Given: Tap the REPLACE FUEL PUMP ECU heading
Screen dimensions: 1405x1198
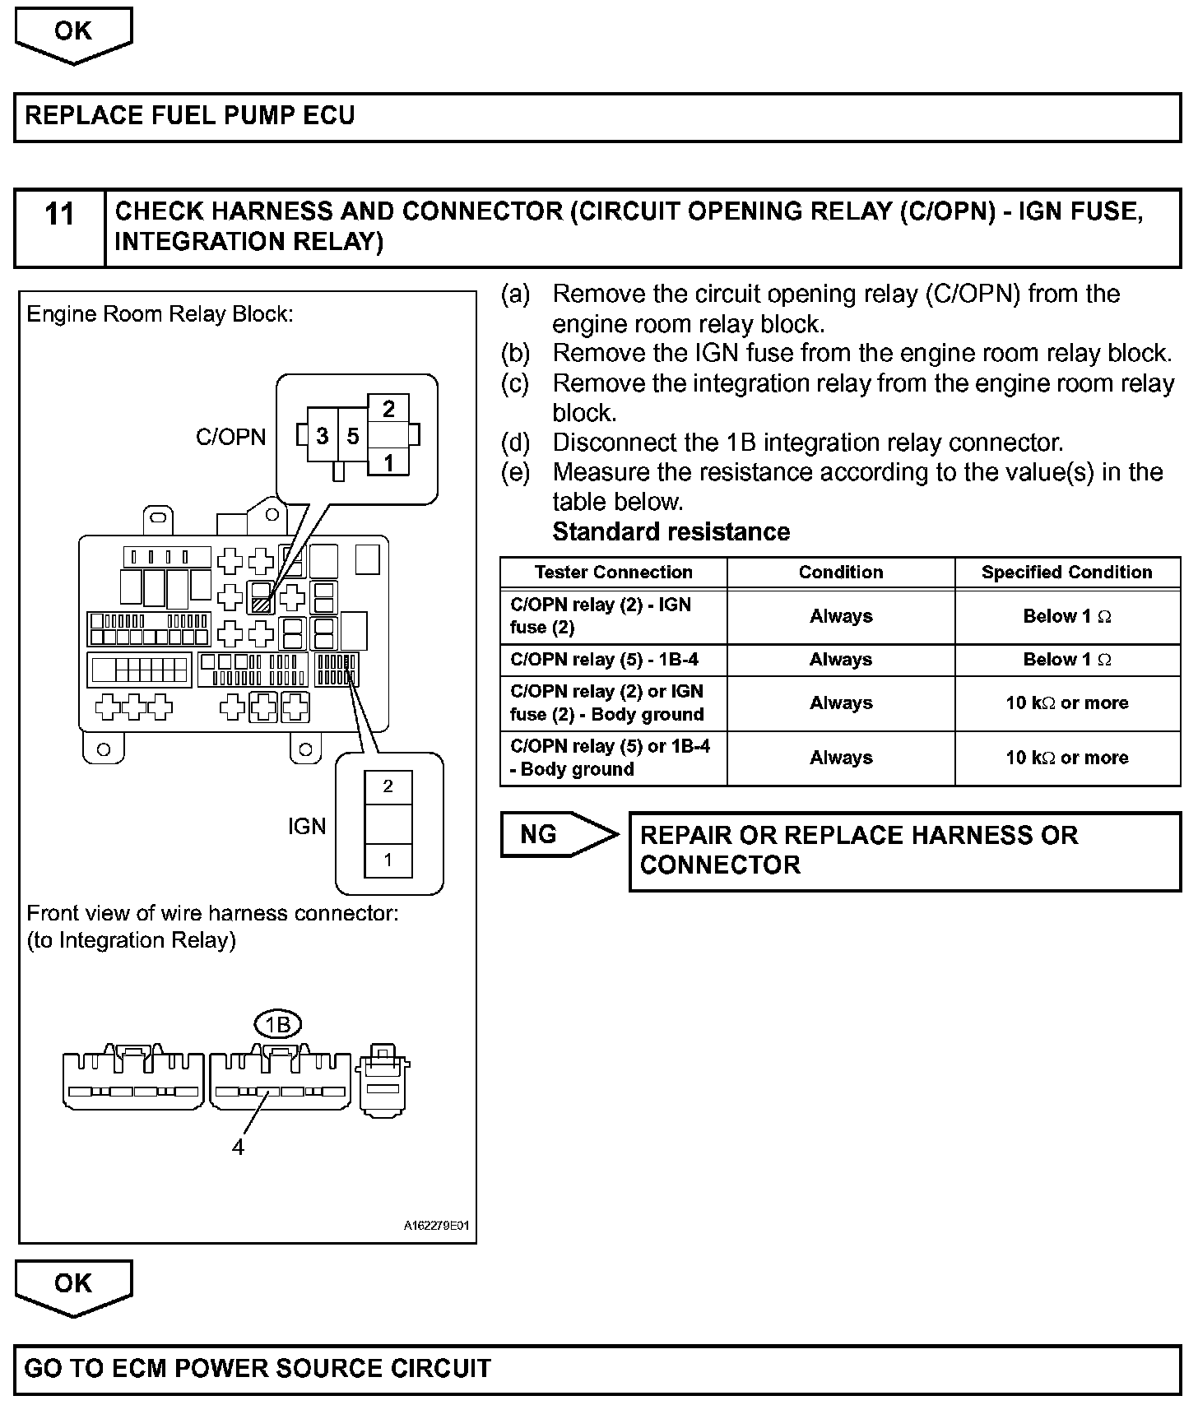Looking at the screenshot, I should [x=190, y=115].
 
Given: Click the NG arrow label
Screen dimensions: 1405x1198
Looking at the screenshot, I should [x=540, y=834].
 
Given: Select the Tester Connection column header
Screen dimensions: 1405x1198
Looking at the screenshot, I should [x=613, y=573].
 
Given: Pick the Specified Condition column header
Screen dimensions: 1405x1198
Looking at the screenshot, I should [x=1066, y=573].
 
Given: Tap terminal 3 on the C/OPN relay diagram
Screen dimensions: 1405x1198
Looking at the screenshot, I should [x=323, y=436].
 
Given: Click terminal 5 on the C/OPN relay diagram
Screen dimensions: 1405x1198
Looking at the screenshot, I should [x=353, y=436].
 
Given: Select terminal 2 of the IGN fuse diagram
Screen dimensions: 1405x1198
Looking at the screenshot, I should [x=388, y=786].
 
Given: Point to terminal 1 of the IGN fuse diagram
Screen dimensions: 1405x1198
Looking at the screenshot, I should [x=388, y=860].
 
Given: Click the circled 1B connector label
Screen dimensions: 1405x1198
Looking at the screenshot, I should [x=278, y=1025].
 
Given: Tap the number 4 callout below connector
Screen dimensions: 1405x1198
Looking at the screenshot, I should [x=238, y=1147].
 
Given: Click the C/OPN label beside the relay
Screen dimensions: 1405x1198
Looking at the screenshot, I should [x=231, y=437].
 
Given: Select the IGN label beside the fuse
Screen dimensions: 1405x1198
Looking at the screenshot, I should [x=307, y=826].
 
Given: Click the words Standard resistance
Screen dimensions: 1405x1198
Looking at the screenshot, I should [x=671, y=532].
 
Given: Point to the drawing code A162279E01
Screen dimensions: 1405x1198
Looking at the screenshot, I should [x=436, y=1226].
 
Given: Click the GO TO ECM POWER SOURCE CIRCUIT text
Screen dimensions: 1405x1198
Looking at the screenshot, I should [x=258, y=1368].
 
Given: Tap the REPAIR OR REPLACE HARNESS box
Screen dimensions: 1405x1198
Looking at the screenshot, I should [x=904, y=851].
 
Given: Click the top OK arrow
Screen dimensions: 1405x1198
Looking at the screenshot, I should [x=73, y=33].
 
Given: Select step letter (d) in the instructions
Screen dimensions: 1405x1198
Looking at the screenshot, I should [x=516, y=443].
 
